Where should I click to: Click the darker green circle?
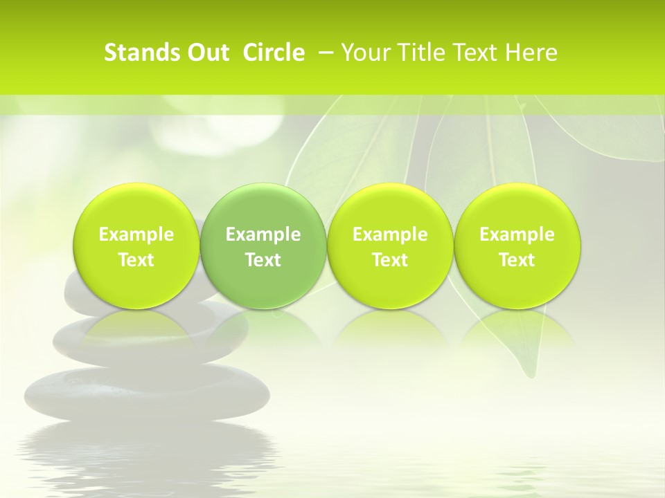point(263,246)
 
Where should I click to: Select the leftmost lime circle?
point(136,246)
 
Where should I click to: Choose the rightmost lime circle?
point(517,246)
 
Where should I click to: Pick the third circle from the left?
point(390,246)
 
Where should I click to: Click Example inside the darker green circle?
point(263,234)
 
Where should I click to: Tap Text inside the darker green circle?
point(263,260)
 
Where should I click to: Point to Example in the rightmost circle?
point(517,234)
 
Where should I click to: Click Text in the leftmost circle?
point(136,260)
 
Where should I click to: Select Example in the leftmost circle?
point(136,234)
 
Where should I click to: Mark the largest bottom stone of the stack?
point(147,393)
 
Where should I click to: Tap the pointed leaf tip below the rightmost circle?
point(531,374)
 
